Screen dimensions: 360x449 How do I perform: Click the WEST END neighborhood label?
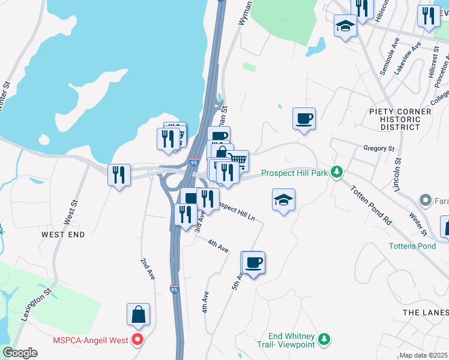coord(63,234)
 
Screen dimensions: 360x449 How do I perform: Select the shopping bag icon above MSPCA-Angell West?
coord(138,314)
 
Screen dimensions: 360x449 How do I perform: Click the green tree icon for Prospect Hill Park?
coord(337,173)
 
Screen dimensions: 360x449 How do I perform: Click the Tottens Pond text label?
coord(412,246)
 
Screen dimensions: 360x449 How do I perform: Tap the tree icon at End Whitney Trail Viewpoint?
coord(324,340)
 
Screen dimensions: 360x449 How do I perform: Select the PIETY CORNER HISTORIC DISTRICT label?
coord(400,119)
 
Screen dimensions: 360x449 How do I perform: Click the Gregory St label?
coord(379,148)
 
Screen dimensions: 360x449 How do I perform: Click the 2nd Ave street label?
coord(148,269)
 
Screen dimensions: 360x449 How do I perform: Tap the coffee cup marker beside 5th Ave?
coord(254,262)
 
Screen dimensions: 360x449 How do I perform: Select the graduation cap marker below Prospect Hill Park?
coord(284,200)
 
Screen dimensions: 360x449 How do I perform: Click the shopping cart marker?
coord(238,160)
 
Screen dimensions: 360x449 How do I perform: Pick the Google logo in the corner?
coord(20,353)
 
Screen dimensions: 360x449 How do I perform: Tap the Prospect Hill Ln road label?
coord(237,211)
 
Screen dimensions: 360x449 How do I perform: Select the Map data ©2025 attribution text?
coord(424,355)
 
